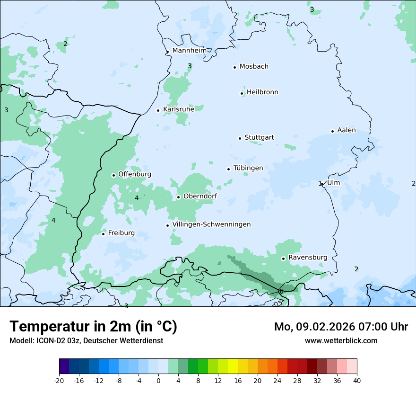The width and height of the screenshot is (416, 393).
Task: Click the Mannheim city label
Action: pyautogui.click(x=189, y=50)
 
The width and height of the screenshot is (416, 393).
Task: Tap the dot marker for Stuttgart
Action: pyautogui.click(x=240, y=138)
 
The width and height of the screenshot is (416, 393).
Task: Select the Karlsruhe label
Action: pyautogui.click(x=178, y=109)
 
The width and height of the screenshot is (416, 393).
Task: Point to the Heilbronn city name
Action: pyautogui.click(x=262, y=92)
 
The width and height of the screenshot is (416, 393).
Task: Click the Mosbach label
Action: pyautogui.click(x=254, y=67)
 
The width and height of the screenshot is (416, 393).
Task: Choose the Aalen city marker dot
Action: pyautogui.click(x=332, y=131)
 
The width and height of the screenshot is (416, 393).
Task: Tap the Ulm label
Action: pyautogui.click(x=333, y=183)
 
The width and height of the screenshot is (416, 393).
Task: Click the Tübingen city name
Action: pyautogui.click(x=248, y=168)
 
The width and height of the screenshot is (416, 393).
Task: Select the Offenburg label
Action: pyautogui.click(x=135, y=174)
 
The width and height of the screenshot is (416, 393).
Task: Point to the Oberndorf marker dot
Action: pyautogui.click(x=178, y=197)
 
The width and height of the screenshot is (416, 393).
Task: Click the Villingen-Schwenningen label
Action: pyautogui.click(x=211, y=224)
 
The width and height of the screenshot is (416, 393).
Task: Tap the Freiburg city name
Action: pyautogui.click(x=121, y=233)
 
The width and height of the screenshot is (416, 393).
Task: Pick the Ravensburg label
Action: pyautogui.click(x=307, y=258)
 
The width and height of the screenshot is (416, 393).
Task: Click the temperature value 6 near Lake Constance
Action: pyautogui.click(x=281, y=291)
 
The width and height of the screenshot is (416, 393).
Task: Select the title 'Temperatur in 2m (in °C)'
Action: pyautogui.click(x=94, y=326)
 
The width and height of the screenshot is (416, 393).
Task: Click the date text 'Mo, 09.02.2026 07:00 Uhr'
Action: pyautogui.click(x=341, y=327)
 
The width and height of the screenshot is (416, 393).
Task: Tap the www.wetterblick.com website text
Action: pyautogui.click(x=341, y=340)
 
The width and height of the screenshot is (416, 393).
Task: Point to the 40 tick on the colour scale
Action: pyautogui.click(x=356, y=381)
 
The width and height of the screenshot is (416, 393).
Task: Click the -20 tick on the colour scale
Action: pyautogui.click(x=59, y=381)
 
